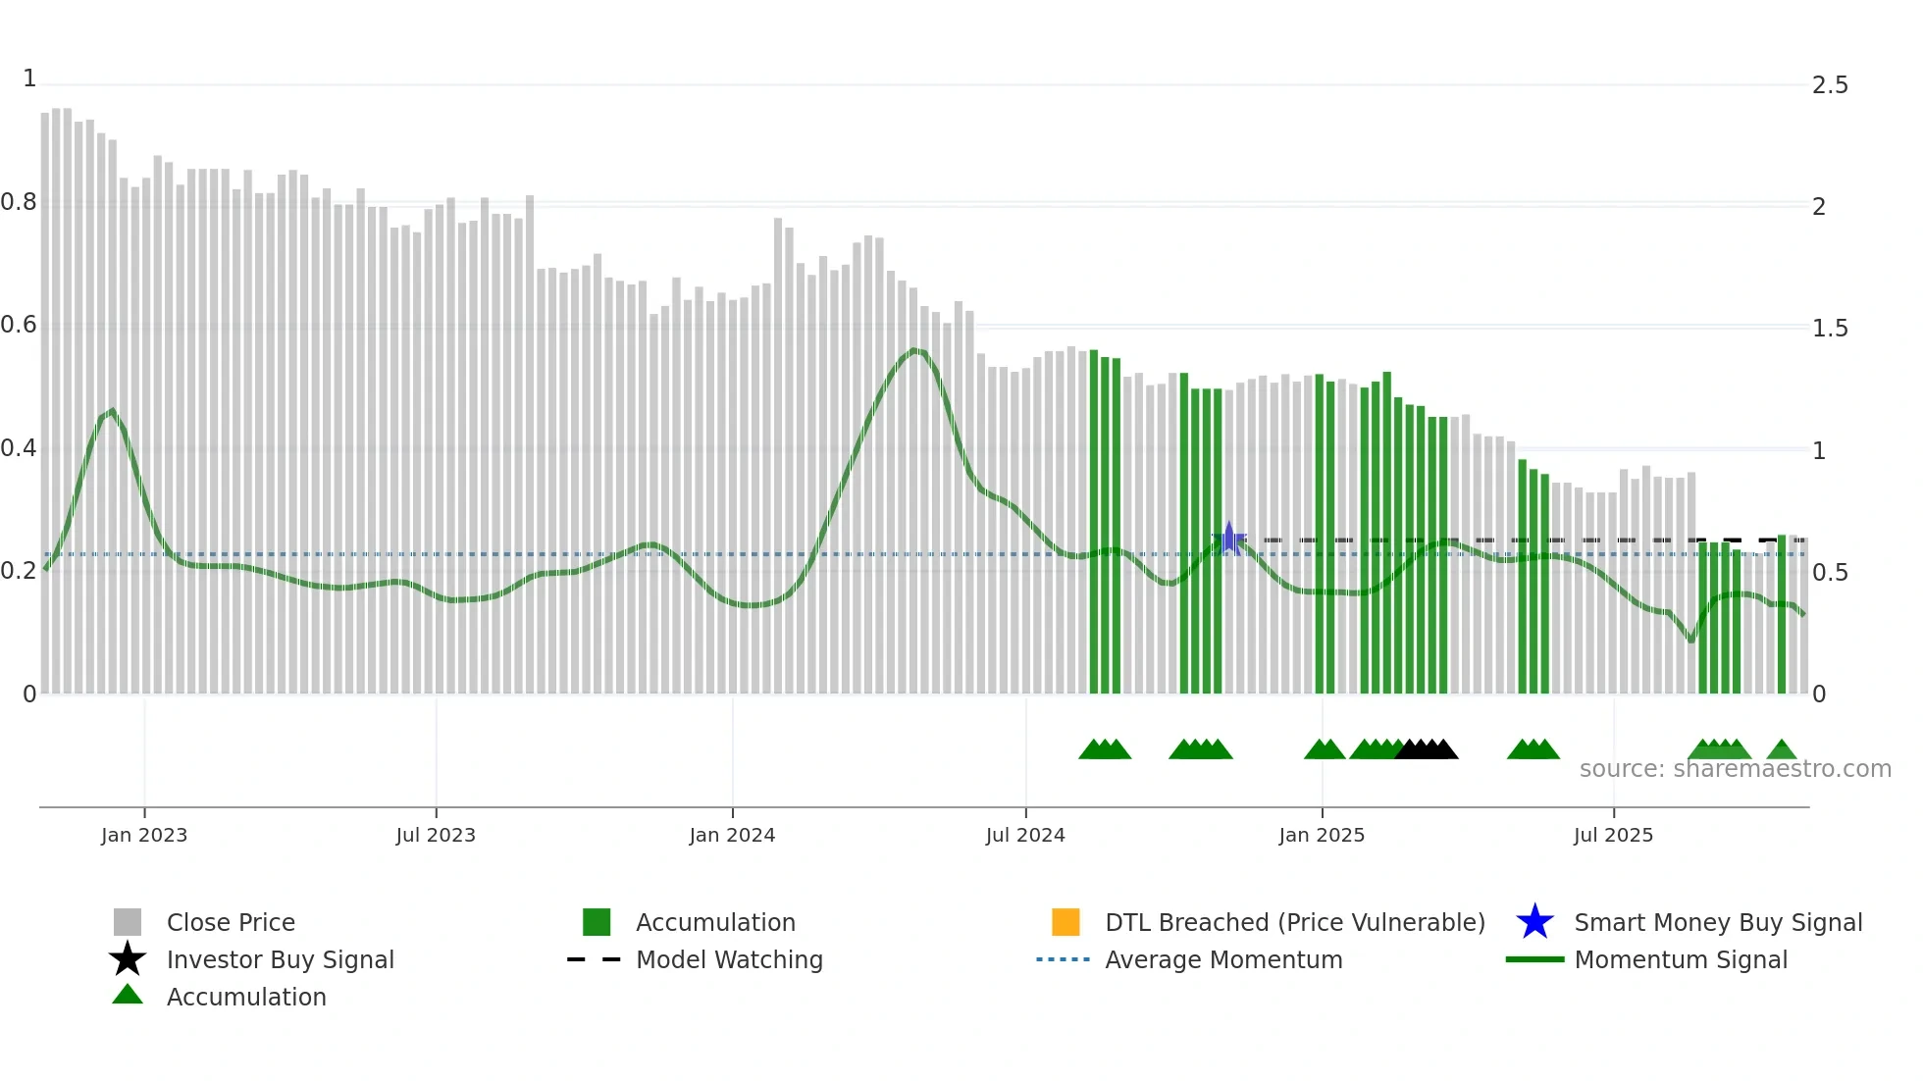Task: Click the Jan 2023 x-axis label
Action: tap(143, 835)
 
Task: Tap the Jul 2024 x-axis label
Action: tap(1025, 835)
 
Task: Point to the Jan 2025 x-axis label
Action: tap(1322, 835)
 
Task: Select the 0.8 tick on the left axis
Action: tap(19, 202)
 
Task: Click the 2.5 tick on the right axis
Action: tap(1830, 85)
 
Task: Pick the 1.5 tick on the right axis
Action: tap(1830, 329)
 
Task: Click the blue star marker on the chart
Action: tap(1228, 539)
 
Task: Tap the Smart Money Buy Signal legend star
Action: tap(1534, 922)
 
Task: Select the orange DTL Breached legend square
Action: tap(1065, 922)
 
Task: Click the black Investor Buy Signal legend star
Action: tap(128, 959)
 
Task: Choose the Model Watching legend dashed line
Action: tap(595, 959)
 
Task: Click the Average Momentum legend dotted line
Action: tap(1063, 959)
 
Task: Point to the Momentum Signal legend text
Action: tap(1681, 959)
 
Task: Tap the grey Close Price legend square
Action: tap(128, 922)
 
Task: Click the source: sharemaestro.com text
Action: tap(1735, 769)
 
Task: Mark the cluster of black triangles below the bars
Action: tap(1427, 749)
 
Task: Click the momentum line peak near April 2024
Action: tap(915, 350)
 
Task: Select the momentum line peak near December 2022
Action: tap(113, 411)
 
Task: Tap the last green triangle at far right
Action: tap(1782, 750)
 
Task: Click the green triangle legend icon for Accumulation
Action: tap(128, 996)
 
